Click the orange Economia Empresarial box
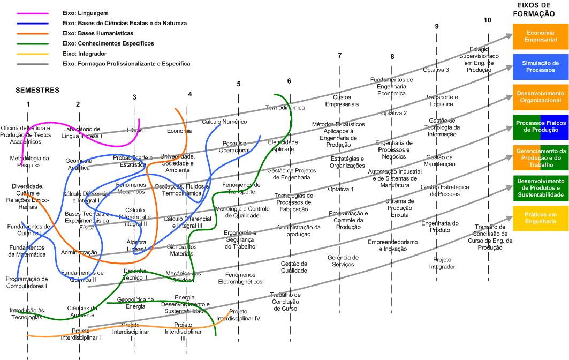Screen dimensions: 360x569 (x=540, y=36)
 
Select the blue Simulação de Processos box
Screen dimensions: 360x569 (x=540, y=66)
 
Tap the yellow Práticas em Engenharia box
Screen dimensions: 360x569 (x=540, y=218)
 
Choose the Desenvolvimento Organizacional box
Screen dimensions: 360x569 (x=540, y=96)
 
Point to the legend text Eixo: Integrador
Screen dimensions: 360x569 (x=85, y=54)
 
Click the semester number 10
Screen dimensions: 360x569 (x=487, y=20)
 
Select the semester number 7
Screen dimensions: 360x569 (x=339, y=56)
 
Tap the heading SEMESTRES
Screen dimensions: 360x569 (x=37, y=90)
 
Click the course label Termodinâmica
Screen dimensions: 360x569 (x=285, y=108)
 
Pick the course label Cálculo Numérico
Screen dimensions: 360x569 (x=224, y=122)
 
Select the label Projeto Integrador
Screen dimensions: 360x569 (x=442, y=262)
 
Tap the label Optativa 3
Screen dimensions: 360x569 (x=436, y=70)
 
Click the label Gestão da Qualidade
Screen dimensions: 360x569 (x=294, y=267)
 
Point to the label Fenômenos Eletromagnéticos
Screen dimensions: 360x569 (x=240, y=279)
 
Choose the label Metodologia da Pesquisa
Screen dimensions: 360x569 (x=29, y=161)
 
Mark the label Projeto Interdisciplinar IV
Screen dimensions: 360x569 (x=238, y=314)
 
